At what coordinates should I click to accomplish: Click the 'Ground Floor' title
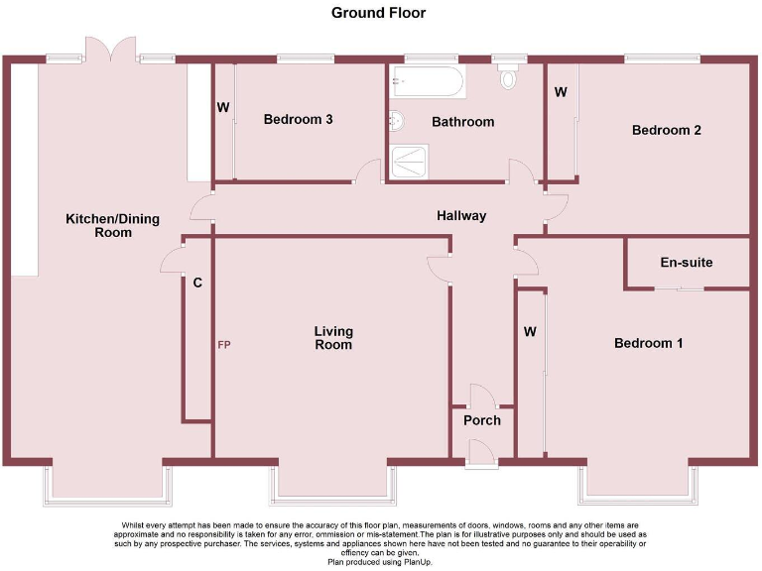pyautogui.click(x=379, y=13)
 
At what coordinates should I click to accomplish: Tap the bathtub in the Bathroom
pyautogui.click(x=427, y=81)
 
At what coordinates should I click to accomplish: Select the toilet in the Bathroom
pyautogui.click(x=510, y=77)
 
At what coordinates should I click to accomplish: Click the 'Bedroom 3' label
pyautogui.click(x=298, y=120)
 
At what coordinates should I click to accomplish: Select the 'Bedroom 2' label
pyautogui.click(x=667, y=130)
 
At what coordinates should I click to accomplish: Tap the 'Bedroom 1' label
pyautogui.click(x=648, y=343)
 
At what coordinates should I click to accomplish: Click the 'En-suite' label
pyautogui.click(x=686, y=263)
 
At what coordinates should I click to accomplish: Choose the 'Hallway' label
pyautogui.click(x=461, y=215)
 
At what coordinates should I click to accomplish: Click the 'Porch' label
pyautogui.click(x=481, y=420)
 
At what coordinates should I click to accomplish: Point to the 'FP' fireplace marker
pyautogui.click(x=224, y=345)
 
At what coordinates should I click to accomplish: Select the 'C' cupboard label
pyautogui.click(x=197, y=284)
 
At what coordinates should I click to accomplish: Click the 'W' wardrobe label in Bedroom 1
pyautogui.click(x=530, y=331)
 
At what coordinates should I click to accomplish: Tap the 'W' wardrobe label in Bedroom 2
pyautogui.click(x=561, y=93)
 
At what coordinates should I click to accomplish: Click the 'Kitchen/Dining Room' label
pyautogui.click(x=98, y=225)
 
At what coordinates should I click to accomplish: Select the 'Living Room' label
pyautogui.click(x=333, y=338)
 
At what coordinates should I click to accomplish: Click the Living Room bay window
pyautogui.click(x=332, y=484)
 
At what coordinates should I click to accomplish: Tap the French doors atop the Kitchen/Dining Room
pyautogui.click(x=109, y=50)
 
